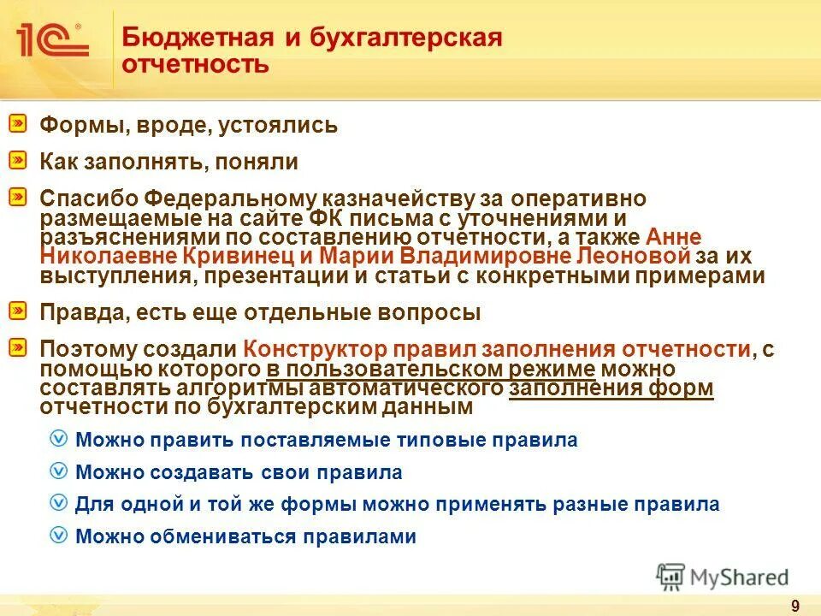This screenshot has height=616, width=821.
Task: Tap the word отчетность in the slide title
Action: pos(196,65)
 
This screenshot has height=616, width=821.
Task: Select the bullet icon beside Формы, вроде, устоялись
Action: pos(19,125)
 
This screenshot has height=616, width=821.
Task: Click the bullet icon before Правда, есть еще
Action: pos(19,311)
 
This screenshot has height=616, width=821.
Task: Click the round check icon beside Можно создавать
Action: pos(58,471)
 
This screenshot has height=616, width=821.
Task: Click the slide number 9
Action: pos(795,606)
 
